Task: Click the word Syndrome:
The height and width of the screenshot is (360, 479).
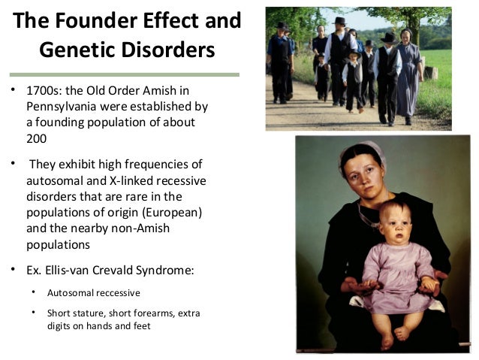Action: coord(169,271)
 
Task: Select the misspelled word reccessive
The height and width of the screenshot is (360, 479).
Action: coord(117,292)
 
